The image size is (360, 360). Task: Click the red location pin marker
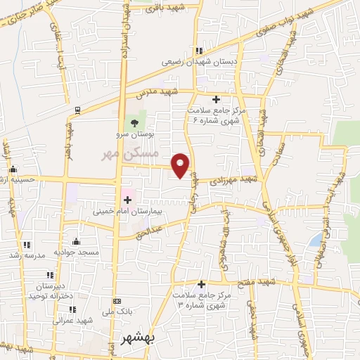click(x=181, y=165)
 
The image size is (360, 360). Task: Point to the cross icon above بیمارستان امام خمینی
click(x=127, y=201)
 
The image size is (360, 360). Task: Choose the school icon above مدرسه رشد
click(x=27, y=245)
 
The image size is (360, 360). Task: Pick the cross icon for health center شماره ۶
click(x=216, y=99)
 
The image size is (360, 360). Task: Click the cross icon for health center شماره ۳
click(x=202, y=285)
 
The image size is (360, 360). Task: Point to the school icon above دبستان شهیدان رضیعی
click(x=200, y=51)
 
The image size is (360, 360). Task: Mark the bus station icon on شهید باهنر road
click(x=77, y=110)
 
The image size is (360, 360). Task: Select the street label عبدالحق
click(x=150, y=229)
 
